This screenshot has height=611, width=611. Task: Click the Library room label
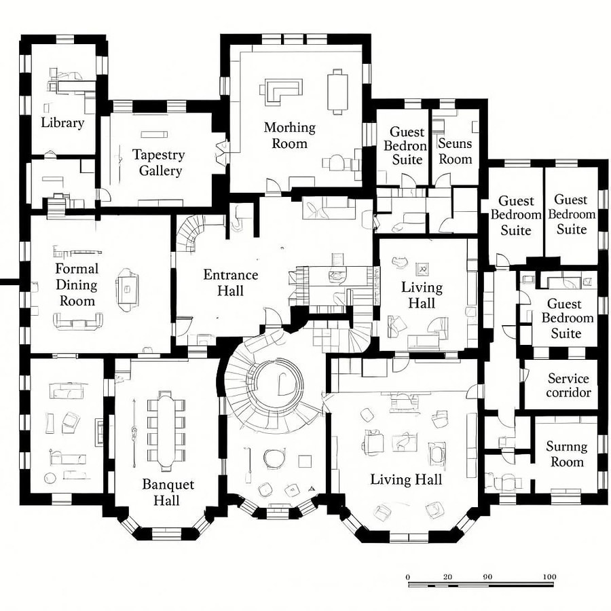click(62, 123)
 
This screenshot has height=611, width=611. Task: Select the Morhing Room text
click(290, 135)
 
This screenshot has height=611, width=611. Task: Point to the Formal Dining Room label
click(77, 284)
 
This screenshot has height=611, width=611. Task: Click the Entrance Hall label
click(231, 282)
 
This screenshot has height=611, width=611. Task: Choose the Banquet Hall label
click(168, 492)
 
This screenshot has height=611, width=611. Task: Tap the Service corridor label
click(568, 385)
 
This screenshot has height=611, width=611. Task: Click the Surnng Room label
click(567, 454)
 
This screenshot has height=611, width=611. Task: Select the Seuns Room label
click(455, 151)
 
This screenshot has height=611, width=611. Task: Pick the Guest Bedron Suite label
click(407, 145)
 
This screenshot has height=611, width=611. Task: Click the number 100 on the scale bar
click(550, 577)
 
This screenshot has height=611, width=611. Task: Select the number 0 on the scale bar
click(408, 577)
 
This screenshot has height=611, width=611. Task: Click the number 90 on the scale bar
click(487, 577)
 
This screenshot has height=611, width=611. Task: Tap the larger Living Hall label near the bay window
click(406, 479)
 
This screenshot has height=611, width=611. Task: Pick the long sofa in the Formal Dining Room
click(78, 322)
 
